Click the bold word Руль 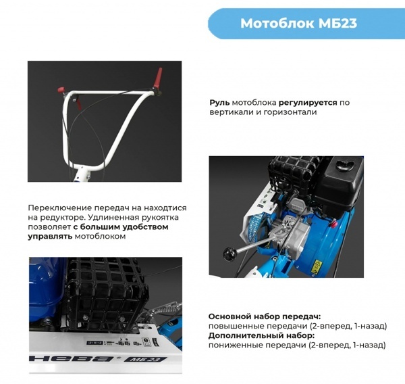(220, 102)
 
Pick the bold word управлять (50, 238)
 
